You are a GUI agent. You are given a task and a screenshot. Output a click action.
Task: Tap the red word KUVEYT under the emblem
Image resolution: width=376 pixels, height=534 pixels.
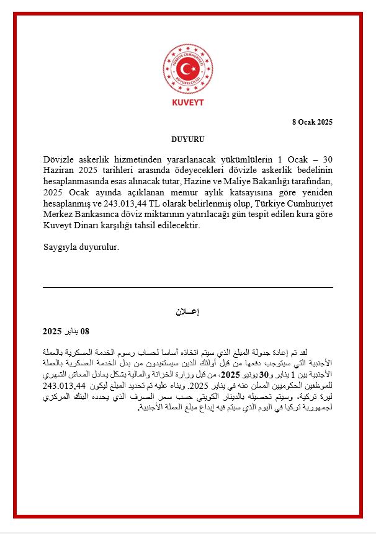click(x=188, y=102)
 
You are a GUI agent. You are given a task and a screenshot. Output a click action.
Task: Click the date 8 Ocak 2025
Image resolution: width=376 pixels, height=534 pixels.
click(x=312, y=122)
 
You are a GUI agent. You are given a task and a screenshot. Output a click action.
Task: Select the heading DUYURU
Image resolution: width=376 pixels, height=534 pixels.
click(x=188, y=140)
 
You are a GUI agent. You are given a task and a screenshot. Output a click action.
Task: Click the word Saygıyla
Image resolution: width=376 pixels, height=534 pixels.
click(x=61, y=247)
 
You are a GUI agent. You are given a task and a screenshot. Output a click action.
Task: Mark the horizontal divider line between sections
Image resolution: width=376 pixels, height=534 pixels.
click(x=188, y=287)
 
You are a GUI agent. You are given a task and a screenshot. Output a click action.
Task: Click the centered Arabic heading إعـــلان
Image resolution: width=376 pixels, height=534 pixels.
click(x=187, y=312)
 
